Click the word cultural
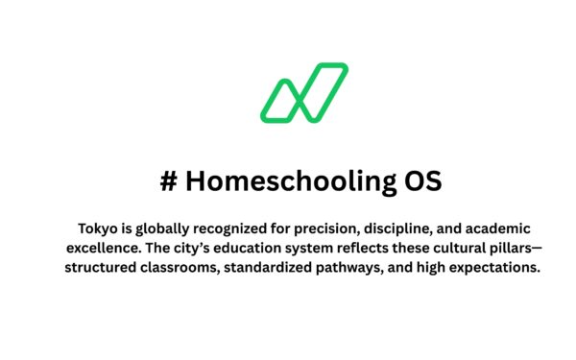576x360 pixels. (x=459, y=248)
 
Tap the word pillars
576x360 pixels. (x=518, y=248)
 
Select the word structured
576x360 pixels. (x=102, y=267)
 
